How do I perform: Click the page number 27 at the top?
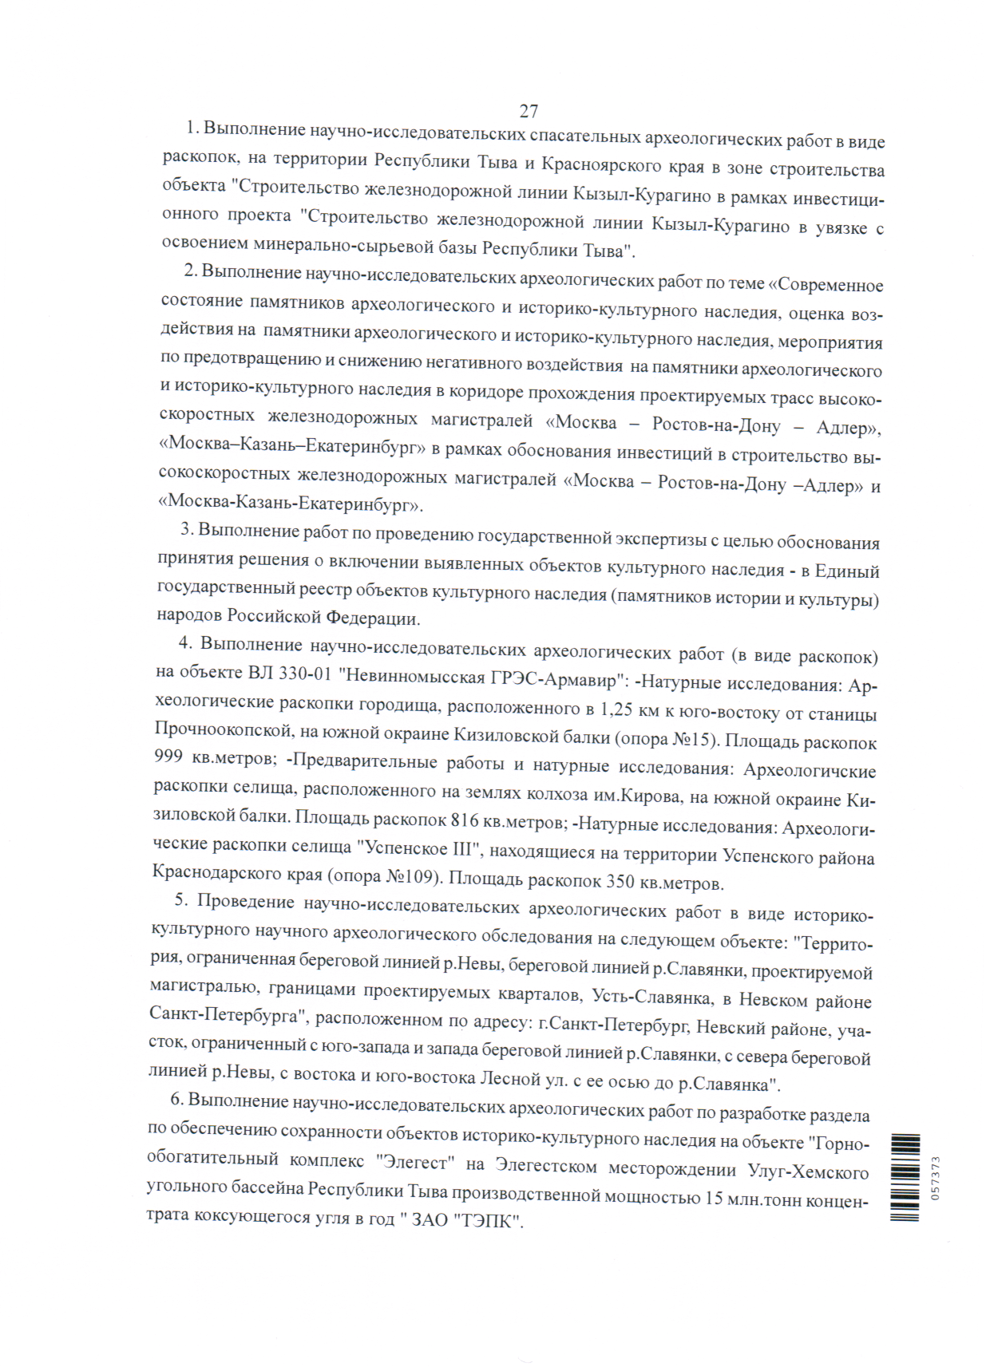point(529,111)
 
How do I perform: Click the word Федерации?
point(371,618)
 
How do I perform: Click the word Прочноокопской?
point(220,729)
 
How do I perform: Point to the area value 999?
point(168,755)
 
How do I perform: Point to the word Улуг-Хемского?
point(807,1171)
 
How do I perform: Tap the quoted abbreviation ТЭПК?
point(486,1221)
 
